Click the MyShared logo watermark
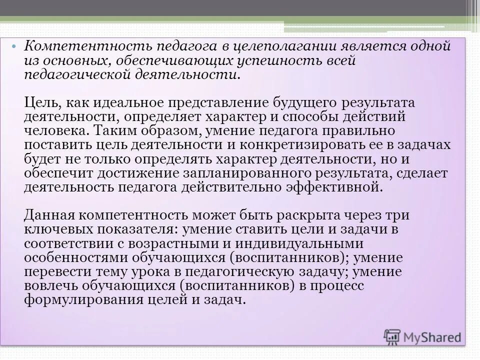tap(423, 336)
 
